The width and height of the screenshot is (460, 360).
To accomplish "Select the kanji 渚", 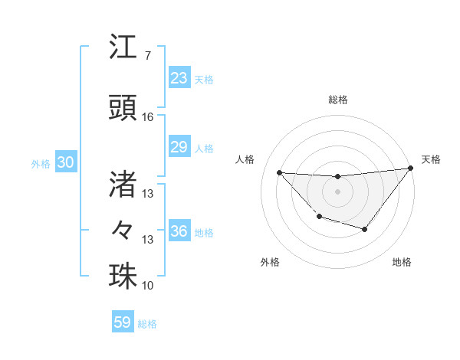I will pyautogui.click(x=123, y=184).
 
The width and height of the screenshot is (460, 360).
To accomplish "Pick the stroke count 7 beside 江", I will pyautogui.click(x=147, y=56).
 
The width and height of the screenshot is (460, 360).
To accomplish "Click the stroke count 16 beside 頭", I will pyautogui.click(x=147, y=117).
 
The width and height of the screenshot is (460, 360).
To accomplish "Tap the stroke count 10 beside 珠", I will pyautogui.click(x=147, y=286).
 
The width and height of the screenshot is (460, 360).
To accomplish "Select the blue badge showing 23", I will pyautogui.click(x=179, y=78).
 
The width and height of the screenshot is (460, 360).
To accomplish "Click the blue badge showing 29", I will pyautogui.click(x=179, y=148).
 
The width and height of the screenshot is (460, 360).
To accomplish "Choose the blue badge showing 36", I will pyautogui.click(x=179, y=232).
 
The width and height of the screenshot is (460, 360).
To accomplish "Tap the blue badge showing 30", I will pyautogui.click(x=65, y=163).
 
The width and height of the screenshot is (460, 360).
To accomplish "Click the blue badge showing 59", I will pyautogui.click(x=122, y=322).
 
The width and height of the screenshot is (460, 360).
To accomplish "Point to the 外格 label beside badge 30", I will pyautogui.click(x=40, y=164).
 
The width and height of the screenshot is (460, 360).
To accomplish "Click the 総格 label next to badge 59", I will pyautogui.click(x=147, y=324).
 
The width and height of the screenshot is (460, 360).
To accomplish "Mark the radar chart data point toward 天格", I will pyautogui.click(x=411, y=168).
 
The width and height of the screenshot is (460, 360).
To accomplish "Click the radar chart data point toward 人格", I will pyautogui.click(x=279, y=172).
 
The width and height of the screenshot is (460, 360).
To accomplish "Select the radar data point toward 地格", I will pyautogui.click(x=365, y=229).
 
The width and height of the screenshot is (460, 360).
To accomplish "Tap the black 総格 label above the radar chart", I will pyautogui.click(x=337, y=100).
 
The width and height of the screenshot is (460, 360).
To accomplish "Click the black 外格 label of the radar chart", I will pyautogui.click(x=270, y=262).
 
